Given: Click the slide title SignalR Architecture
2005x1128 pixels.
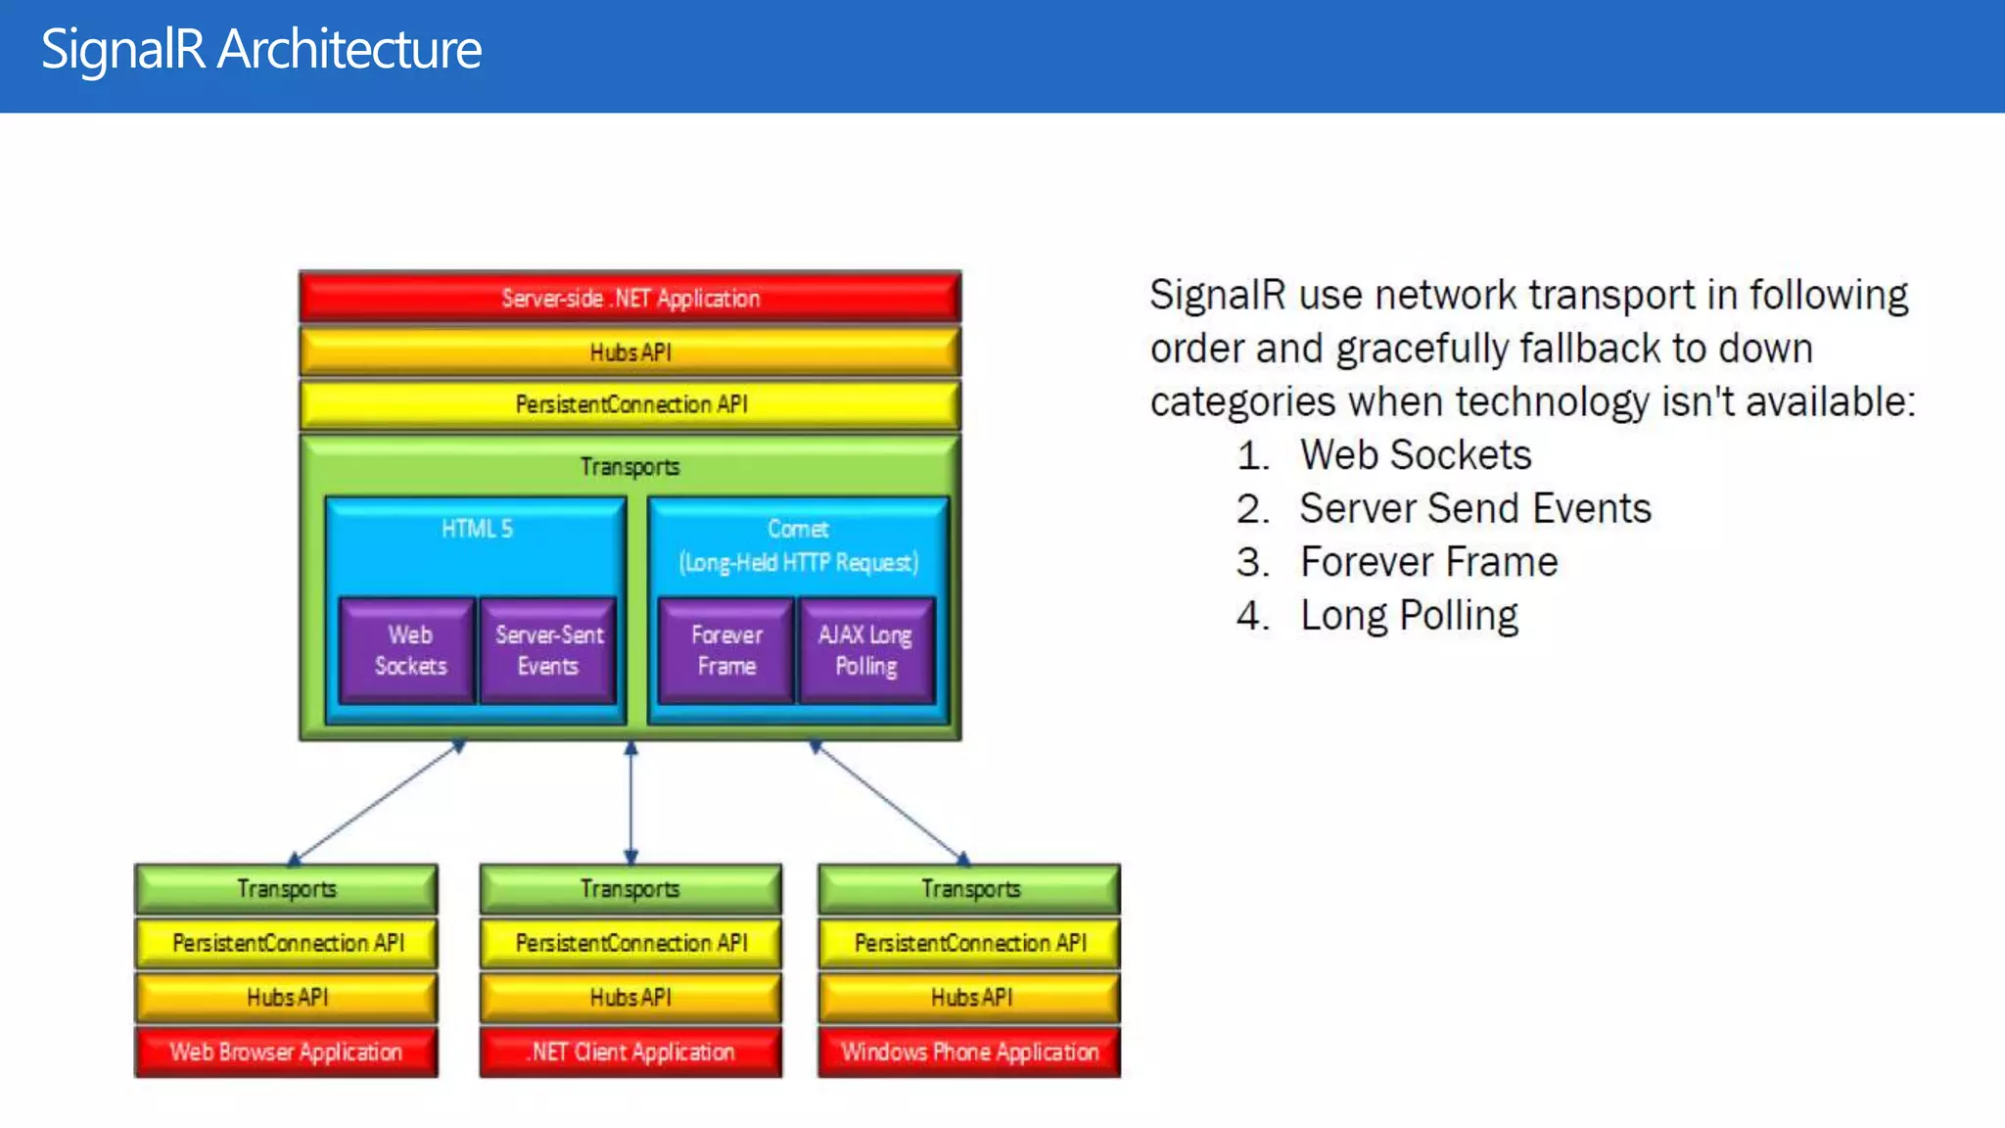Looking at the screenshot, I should point(261,49).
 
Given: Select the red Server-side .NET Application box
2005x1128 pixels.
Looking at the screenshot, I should point(629,298).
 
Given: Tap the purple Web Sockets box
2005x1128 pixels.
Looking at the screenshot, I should point(409,650).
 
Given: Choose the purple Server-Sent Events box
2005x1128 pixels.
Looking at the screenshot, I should point(548,650).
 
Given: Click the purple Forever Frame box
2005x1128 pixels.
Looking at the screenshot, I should point(726,650).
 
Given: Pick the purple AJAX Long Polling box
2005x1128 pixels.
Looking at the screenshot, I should point(866,650).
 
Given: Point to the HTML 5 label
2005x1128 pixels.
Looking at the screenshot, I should point(477,529).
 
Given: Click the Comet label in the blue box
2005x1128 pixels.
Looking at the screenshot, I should point(798,529).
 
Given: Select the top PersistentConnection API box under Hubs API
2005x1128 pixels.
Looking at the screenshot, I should point(629,404).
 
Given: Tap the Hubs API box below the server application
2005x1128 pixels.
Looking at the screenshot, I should point(629,352).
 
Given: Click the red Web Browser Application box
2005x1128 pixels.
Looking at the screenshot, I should point(286,1052).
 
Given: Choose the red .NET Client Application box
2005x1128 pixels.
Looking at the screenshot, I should point(631,1052).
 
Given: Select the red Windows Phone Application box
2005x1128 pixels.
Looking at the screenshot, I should point(969,1052).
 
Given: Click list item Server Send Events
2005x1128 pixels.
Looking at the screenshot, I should point(1474,508).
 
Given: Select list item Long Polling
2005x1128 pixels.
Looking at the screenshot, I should point(1408,616).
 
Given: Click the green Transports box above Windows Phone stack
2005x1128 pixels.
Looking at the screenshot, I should point(969,889).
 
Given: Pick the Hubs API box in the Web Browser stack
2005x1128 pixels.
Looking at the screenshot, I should point(286,997).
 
